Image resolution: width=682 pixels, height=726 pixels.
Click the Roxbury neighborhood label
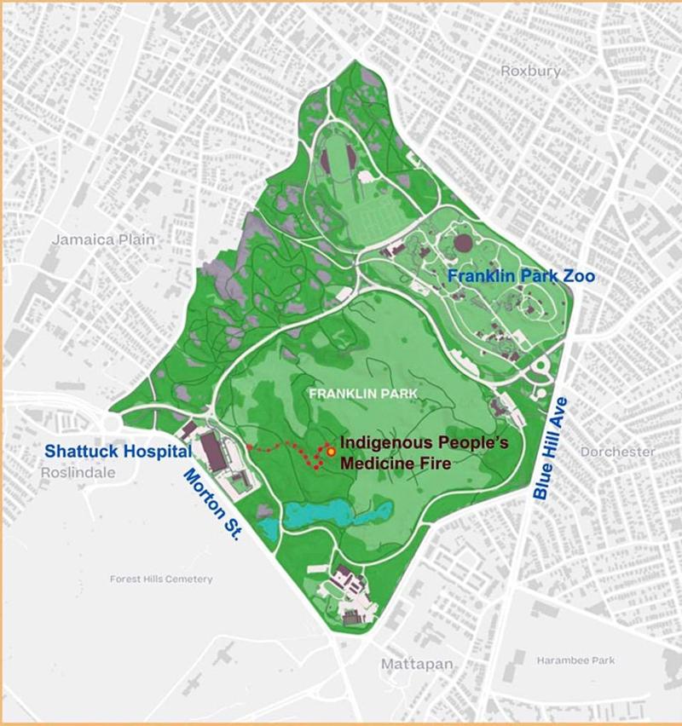coord(531,72)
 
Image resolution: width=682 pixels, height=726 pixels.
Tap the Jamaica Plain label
coord(104,239)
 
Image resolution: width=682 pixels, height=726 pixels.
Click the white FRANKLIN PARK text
coord(351,394)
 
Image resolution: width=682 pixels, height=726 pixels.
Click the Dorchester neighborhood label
coord(618,452)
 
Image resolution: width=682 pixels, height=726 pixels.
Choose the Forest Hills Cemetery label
coord(161,579)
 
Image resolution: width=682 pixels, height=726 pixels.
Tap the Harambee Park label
coord(575,660)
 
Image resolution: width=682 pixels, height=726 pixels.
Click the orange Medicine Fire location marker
coord(330,451)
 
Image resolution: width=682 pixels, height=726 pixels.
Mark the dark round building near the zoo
coord(463,244)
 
